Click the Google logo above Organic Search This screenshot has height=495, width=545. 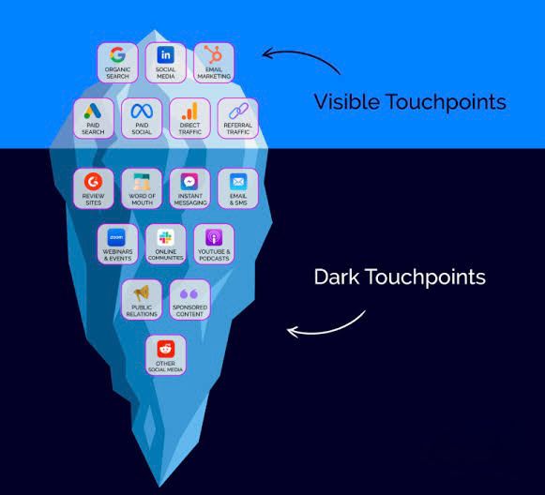click(x=117, y=54)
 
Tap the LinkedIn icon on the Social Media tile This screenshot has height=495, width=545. click(x=166, y=54)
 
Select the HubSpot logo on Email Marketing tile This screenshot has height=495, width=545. click(x=214, y=54)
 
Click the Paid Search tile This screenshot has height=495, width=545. click(x=94, y=118)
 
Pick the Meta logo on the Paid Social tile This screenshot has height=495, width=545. click(x=142, y=112)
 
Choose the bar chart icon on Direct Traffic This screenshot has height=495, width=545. click(x=189, y=111)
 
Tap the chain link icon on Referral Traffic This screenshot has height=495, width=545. click(x=238, y=112)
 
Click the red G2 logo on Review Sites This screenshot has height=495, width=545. click(x=94, y=181)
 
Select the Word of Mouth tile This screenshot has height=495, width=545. click(x=142, y=188)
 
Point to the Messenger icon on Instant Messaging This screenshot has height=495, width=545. click(x=189, y=181)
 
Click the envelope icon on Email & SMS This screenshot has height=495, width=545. click(x=238, y=181)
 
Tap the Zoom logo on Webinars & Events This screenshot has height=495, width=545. click(x=116, y=237)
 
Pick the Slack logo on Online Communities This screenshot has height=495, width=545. click(x=165, y=237)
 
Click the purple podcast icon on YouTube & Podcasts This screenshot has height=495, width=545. click(x=214, y=237)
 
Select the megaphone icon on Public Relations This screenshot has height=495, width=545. click(x=142, y=292)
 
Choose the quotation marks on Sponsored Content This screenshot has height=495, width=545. click(x=189, y=293)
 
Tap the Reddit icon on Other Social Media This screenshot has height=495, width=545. click(x=166, y=349)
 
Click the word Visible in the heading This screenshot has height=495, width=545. click(x=347, y=102)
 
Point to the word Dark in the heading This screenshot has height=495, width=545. click(x=337, y=277)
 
